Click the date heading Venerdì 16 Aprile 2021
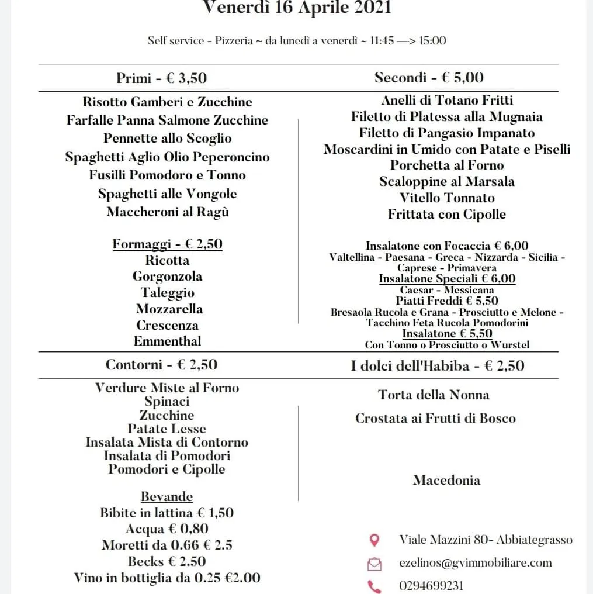pos(297,8)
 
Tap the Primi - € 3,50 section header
pos(161,78)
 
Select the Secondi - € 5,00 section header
pos(429,77)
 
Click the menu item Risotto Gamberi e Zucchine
pos(167,102)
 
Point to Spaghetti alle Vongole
pos(167,194)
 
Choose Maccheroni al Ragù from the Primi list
pos(167,212)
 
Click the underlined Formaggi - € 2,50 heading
pos(167,244)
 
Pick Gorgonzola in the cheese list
pos(167,276)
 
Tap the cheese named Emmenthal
pos(167,341)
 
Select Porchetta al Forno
pos(447,165)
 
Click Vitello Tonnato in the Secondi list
pos(447,198)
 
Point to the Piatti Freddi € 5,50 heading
pos(447,301)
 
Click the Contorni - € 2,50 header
pos(161,365)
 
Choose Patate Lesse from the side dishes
pos(167,429)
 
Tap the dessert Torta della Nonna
pos(434,395)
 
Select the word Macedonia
pos(447,480)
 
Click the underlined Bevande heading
pos(167,497)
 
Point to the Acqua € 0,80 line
pos(167,529)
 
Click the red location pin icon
pos(374,540)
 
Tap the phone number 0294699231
pos(431,585)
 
